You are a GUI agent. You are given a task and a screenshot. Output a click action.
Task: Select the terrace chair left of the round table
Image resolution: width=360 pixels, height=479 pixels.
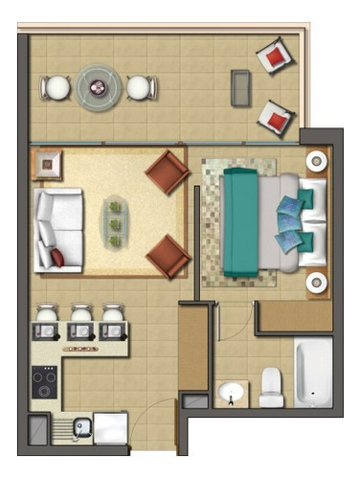(56, 88)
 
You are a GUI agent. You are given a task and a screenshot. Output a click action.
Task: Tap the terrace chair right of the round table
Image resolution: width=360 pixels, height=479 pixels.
(141, 88)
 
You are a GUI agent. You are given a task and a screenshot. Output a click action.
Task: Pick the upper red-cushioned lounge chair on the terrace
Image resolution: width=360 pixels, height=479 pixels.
(275, 57)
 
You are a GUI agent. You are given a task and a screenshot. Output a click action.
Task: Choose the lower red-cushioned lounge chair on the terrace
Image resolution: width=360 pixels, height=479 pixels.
(276, 119)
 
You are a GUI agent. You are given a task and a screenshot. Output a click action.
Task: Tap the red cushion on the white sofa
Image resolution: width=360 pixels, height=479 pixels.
(58, 257)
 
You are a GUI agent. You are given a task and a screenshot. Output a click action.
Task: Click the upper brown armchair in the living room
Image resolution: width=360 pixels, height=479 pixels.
(167, 173)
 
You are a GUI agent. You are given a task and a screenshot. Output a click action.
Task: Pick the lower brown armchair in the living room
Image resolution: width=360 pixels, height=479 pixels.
(167, 256)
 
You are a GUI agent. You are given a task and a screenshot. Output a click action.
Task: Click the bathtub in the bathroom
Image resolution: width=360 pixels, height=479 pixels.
(313, 370)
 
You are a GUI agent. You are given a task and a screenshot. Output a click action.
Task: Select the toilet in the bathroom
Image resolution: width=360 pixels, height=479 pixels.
(271, 385)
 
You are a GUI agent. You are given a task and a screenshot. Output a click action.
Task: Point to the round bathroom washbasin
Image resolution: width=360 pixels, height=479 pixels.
(230, 393)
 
